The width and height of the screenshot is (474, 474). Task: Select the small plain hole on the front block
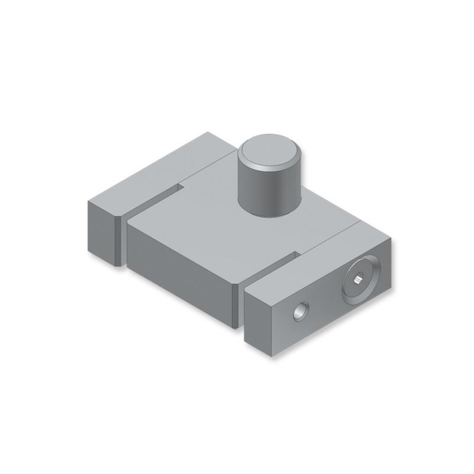tap(301, 310)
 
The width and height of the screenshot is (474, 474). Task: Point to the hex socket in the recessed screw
tap(359, 278)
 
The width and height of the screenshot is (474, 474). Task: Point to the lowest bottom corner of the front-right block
tap(273, 356)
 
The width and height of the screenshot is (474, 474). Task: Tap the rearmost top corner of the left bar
tap(209, 133)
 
